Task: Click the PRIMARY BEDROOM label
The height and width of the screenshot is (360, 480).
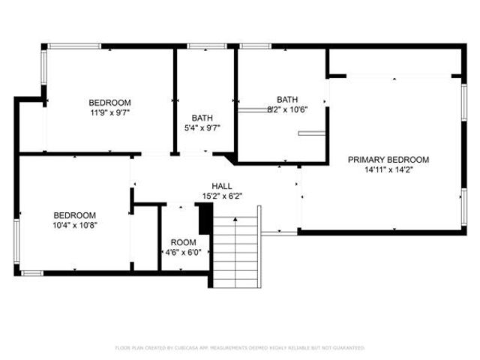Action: pyautogui.click(x=388, y=160)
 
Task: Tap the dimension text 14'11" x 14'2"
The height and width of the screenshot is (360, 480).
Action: pyautogui.click(x=388, y=169)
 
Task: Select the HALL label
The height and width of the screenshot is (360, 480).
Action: pyautogui.click(x=221, y=186)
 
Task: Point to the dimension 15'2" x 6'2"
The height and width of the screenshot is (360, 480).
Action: pyautogui.click(x=221, y=196)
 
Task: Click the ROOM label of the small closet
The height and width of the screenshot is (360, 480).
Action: pyautogui.click(x=183, y=242)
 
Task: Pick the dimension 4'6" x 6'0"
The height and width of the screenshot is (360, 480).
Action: pyautogui.click(x=183, y=252)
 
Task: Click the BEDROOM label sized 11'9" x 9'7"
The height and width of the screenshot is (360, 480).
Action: pyautogui.click(x=110, y=103)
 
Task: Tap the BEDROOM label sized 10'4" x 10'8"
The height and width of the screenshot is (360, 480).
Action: pyautogui.click(x=74, y=214)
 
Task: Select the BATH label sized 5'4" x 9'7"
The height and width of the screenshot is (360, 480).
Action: pyautogui.click(x=202, y=118)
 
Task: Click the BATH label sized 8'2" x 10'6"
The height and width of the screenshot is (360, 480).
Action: pyautogui.click(x=288, y=99)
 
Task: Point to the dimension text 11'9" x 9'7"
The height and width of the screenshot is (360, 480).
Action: pyautogui.click(x=110, y=112)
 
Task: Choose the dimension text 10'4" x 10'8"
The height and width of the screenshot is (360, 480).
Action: pyautogui.click(x=74, y=223)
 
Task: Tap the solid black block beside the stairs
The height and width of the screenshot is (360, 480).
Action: pyautogui.click(x=202, y=220)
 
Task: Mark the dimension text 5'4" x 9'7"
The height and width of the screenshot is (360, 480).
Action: pyautogui.click(x=202, y=127)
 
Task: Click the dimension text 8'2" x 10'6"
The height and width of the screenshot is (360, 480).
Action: pyautogui.click(x=288, y=109)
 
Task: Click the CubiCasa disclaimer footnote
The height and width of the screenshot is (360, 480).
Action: pyautogui.click(x=240, y=348)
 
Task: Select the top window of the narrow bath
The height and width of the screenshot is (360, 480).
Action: pyautogui.click(x=201, y=46)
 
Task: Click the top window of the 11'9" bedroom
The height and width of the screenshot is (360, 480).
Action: pyautogui.click(x=74, y=46)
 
